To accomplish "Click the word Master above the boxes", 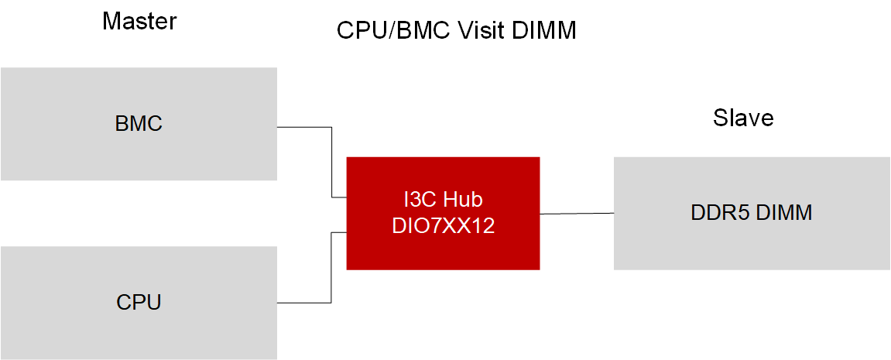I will coord(139,21).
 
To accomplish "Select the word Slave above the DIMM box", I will coord(743,118).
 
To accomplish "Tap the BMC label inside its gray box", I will coord(139,123).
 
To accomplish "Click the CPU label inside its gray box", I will coord(139,301).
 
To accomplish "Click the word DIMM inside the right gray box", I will coord(784,213).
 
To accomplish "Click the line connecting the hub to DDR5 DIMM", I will coord(577,213).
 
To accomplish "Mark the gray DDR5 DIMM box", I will coord(751,248).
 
